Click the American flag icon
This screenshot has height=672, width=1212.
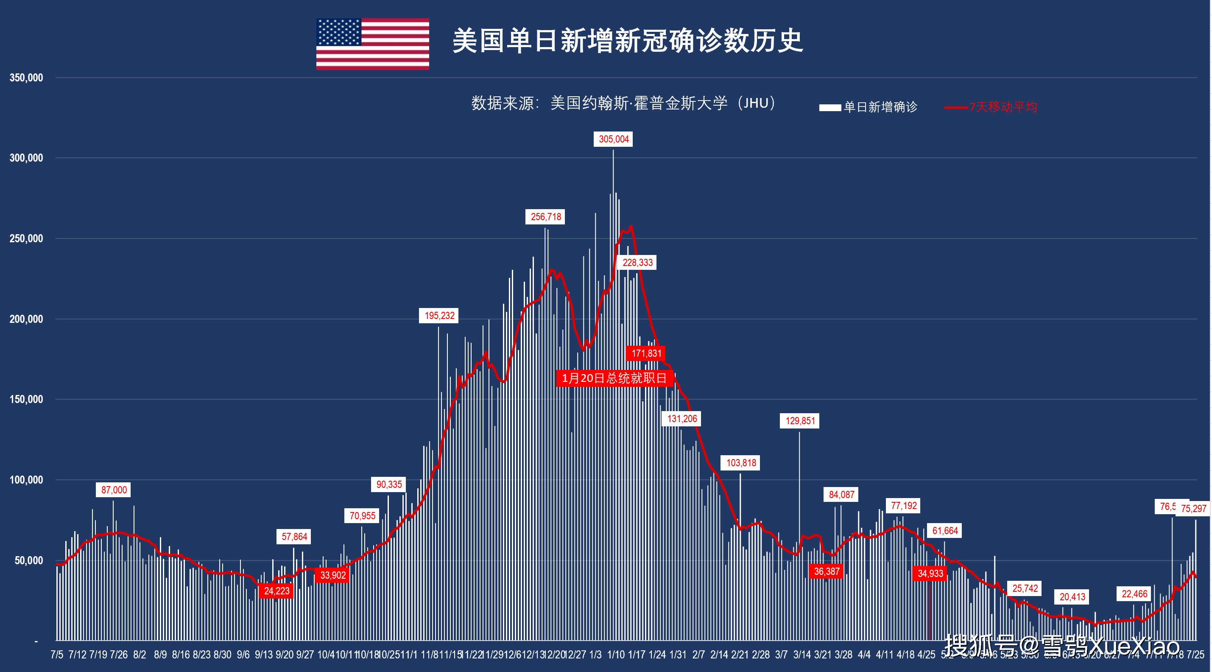372,44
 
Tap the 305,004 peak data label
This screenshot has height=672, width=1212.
613,139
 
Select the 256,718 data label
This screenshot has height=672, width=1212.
545,217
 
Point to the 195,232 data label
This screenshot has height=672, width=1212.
439,316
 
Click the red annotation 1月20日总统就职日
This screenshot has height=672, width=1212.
614,378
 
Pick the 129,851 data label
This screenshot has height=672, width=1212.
799,421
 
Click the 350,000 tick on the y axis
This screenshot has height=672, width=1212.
26,78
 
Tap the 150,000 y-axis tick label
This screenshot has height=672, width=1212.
26,400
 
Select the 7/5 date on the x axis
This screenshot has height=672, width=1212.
57,655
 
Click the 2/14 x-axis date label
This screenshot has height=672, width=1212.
719,655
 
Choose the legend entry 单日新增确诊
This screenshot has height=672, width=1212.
880,107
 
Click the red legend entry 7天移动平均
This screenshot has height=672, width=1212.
1002,107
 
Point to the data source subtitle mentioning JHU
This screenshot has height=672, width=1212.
623,103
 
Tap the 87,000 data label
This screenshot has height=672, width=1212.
114,490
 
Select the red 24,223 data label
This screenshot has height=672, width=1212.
276,591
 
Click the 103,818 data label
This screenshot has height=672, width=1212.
741,463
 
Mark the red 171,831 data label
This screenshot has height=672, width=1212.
646,353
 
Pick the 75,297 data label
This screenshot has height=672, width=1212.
1193,509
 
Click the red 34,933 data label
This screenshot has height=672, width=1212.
930,574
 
